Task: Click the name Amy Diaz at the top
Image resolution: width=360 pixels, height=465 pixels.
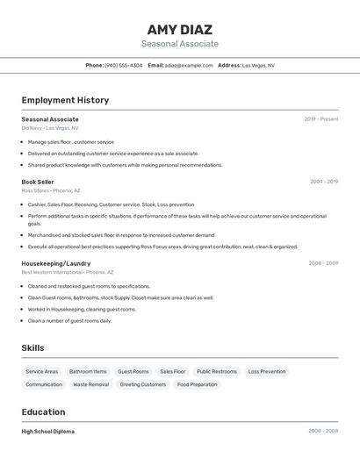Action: tap(179, 29)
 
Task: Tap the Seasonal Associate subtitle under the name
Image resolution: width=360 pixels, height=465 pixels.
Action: tap(179, 44)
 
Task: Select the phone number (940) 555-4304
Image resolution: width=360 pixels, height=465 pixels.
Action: tap(123, 65)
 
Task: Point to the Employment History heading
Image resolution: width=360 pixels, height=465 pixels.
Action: tap(65, 100)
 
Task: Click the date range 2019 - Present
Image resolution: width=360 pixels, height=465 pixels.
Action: tap(321, 118)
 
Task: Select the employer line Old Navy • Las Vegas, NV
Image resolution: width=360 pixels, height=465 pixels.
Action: tap(50, 128)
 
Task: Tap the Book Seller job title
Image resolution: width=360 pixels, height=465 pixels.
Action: tap(38, 182)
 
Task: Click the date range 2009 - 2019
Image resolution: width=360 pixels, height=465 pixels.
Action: tap(324, 182)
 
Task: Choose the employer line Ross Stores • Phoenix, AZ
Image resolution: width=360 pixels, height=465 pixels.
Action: tap(51, 190)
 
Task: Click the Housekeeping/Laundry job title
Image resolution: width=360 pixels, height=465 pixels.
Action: tap(56, 263)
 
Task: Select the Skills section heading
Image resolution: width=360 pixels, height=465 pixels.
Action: tap(32, 348)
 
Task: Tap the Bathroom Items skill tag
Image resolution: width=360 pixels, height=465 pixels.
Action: tap(88, 371)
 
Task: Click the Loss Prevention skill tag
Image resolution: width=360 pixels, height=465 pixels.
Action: tap(267, 371)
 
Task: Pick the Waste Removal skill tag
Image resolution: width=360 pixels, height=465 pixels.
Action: tap(91, 384)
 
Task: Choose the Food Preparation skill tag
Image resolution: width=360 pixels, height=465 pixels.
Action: tap(197, 384)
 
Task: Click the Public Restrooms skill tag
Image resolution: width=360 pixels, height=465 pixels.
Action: tap(217, 371)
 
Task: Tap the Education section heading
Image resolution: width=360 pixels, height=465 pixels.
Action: tap(43, 411)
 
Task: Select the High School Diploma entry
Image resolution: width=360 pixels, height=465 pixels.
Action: tap(48, 432)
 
